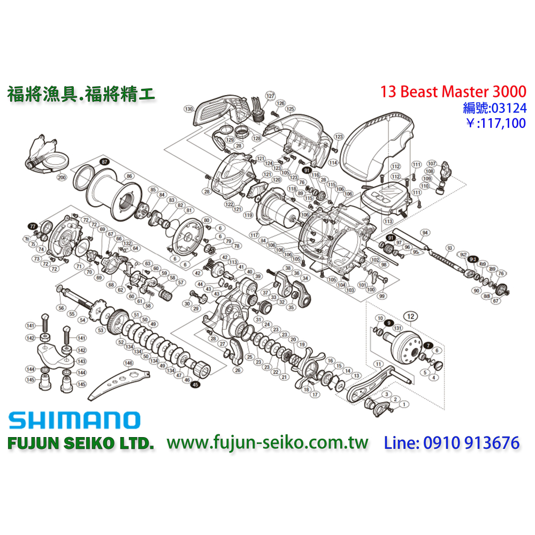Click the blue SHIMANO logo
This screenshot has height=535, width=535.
[74, 420]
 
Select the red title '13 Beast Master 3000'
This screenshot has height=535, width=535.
[453, 91]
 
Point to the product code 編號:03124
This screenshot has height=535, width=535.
[494, 109]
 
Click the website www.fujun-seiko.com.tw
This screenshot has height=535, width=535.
[268, 443]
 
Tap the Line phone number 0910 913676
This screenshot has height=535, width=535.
[452, 443]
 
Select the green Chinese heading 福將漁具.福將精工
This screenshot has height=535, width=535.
[81, 94]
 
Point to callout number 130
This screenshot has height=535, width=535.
[188, 109]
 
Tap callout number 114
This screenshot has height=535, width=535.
[333, 162]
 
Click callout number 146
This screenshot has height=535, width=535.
[128, 363]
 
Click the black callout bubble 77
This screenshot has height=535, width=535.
[33, 226]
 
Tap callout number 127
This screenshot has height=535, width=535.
[270, 95]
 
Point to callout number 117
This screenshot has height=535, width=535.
[254, 235]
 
